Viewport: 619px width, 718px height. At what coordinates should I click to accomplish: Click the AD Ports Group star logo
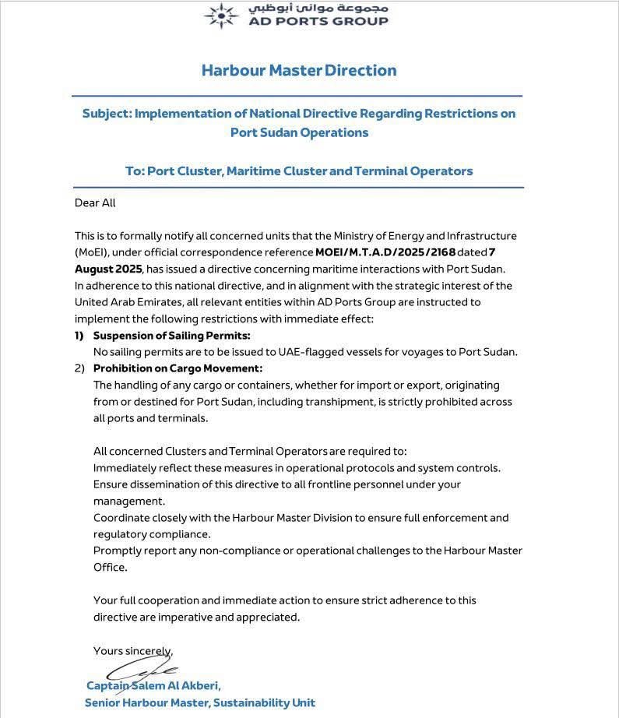pyautogui.click(x=221, y=15)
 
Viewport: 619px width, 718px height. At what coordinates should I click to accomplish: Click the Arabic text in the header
pyautogui.click(x=318, y=9)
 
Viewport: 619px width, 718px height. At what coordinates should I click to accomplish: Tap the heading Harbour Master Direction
pyautogui.click(x=299, y=70)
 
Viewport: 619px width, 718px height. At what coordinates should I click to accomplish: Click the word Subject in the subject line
pyautogui.click(x=106, y=114)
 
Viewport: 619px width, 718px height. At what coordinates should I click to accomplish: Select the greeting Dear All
pyautogui.click(x=95, y=202)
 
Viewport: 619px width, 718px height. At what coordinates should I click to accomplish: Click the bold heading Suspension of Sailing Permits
pyautogui.click(x=171, y=336)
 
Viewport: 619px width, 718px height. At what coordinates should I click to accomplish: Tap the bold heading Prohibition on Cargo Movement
pyautogui.click(x=178, y=368)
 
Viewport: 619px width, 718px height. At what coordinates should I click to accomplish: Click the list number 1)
pyautogui.click(x=79, y=336)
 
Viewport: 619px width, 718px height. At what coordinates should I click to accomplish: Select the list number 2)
pyautogui.click(x=79, y=368)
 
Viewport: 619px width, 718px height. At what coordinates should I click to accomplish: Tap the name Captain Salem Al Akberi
pyautogui.click(x=153, y=686)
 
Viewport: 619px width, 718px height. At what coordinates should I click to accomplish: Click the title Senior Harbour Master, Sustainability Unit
pyautogui.click(x=200, y=702)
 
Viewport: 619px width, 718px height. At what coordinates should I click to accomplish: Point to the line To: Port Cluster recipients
pyautogui.click(x=299, y=171)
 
